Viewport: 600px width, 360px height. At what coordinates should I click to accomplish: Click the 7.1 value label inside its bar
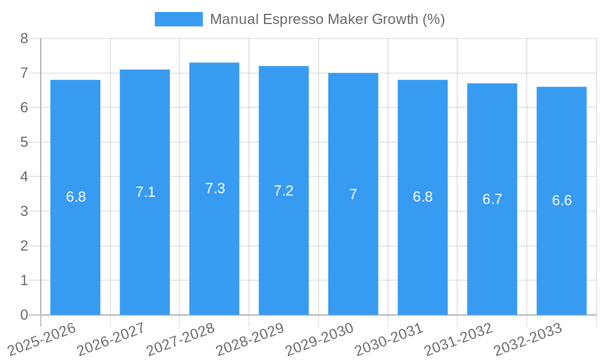tap(145, 192)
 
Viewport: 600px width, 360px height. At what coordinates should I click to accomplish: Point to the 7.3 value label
tap(215, 188)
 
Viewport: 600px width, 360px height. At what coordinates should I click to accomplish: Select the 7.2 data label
tap(283, 191)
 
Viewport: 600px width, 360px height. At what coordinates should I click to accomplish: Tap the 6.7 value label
tap(492, 199)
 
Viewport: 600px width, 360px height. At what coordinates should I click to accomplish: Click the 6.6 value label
tap(562, 200)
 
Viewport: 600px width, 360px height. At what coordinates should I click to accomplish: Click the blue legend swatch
tap(178, 19)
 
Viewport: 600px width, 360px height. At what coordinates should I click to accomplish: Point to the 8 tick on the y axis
tap(24, 38)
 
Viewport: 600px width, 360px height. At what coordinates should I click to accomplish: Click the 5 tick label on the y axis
tap(24, 142)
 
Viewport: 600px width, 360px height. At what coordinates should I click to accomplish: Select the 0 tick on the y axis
tap(24, 315)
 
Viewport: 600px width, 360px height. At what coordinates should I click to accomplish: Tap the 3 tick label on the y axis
tap(24, 211)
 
